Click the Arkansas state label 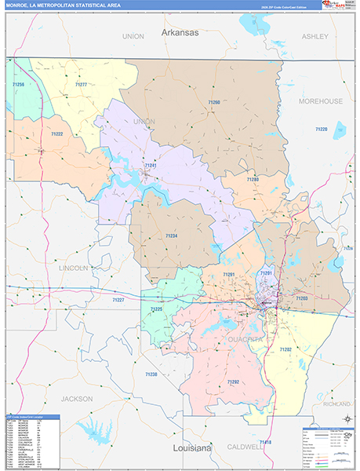(x=180, y=33)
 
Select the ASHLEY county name (x=315, y=36)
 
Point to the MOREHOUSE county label (x=321, y=101)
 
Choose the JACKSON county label (x=77, y=398)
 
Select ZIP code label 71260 (x=214, y=103)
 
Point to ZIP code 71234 (x=171, y=235)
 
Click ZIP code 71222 (x=56, y=134)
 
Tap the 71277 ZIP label (x=80, y=84)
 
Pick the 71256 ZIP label (x=19, y=84)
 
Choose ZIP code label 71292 (x=233, y=382)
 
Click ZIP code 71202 (x=285, y=349)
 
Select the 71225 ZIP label (x=156, y=309)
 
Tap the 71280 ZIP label (x=252, y=180)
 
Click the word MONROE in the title (x=20, y=5)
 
